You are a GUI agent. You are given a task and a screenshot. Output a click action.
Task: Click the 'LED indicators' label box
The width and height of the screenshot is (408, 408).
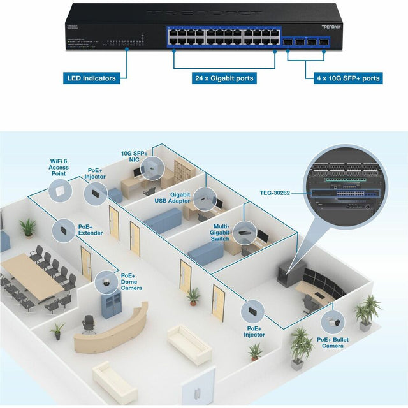[92, 78]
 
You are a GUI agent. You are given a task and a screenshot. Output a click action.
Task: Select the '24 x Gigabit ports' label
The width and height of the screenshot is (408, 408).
[224, 78]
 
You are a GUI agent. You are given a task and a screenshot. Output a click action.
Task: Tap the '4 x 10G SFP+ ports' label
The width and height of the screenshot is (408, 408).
[349, 78]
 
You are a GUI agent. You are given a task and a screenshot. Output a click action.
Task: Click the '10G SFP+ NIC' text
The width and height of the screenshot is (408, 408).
[135, 157]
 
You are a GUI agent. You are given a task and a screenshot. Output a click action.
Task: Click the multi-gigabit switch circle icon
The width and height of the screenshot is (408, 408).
[244, 232]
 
